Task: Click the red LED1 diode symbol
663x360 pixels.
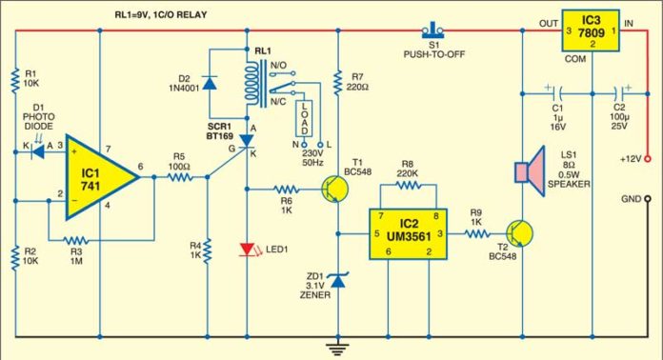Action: click(249, 250)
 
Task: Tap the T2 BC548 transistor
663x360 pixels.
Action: click(519, 232)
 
